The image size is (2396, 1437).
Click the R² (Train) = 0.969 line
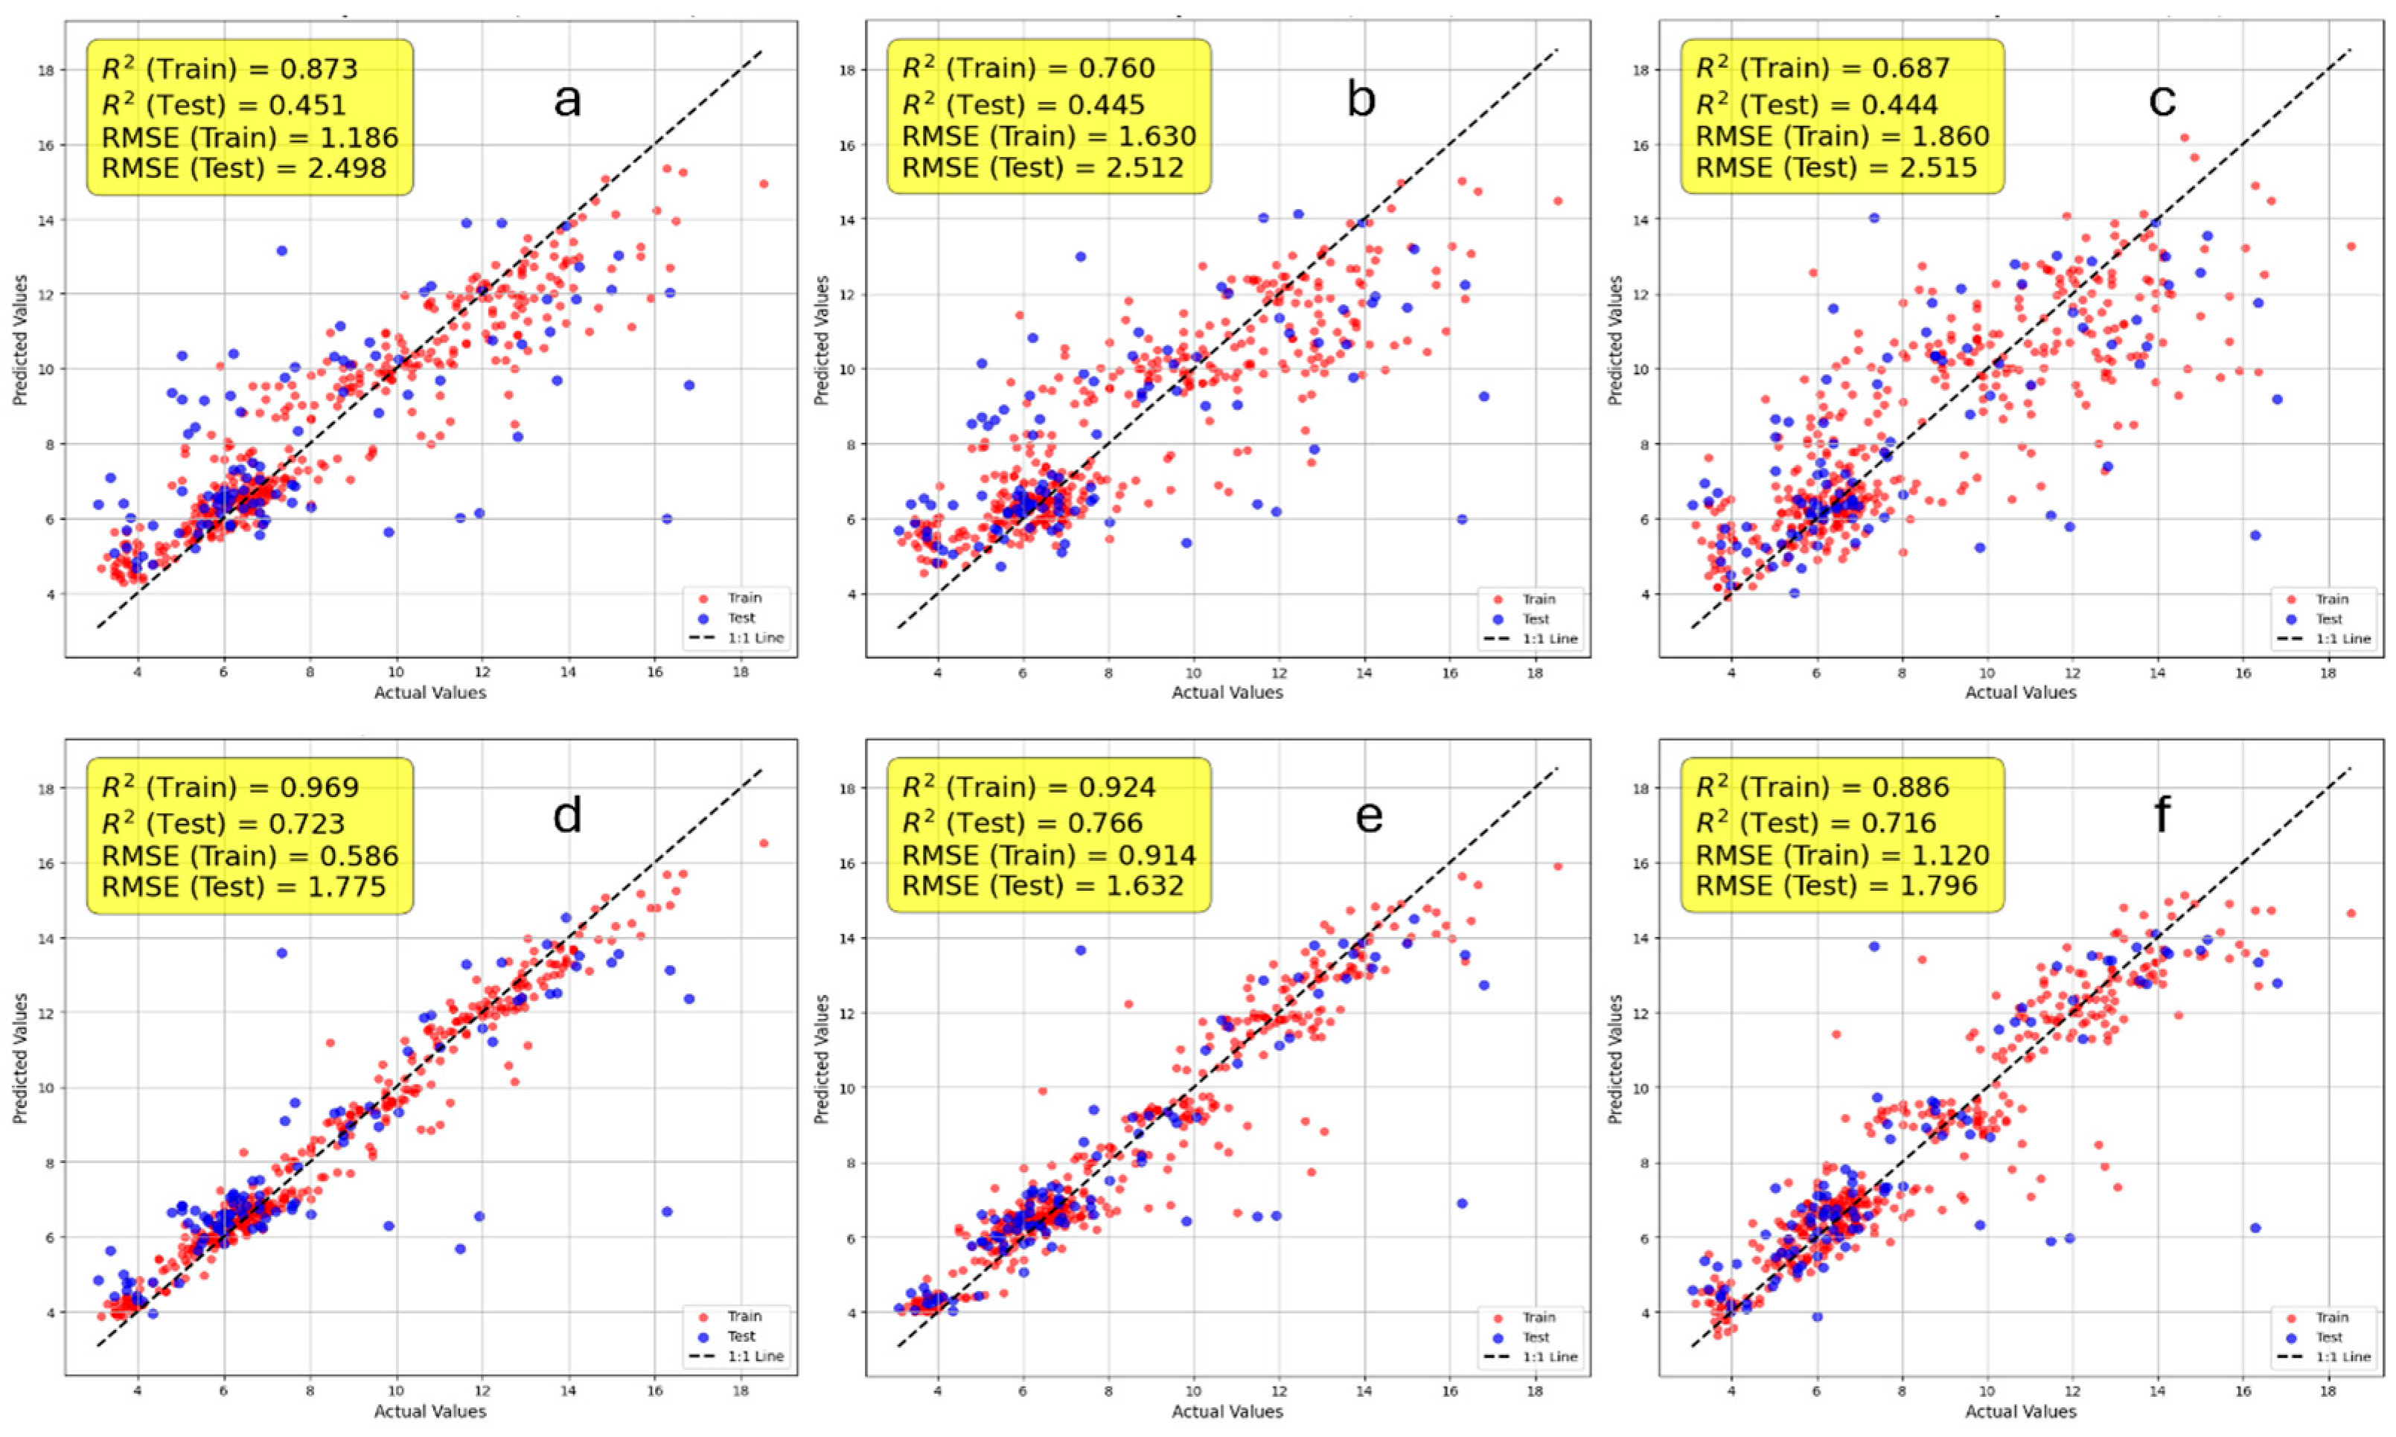[x=231, y=787]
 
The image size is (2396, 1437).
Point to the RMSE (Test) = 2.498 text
[x=244, y=168]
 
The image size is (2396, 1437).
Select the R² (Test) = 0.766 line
[x=1023, y=823]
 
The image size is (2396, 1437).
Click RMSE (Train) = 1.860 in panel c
[x=1843, y=136]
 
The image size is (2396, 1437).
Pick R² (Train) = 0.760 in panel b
[x=1029, y=68]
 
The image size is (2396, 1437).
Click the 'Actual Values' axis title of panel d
[x=430, y=1412]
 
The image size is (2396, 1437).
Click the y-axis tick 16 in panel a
[x=45, y=145]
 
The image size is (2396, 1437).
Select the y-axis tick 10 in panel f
[x=1641, y=1087]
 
